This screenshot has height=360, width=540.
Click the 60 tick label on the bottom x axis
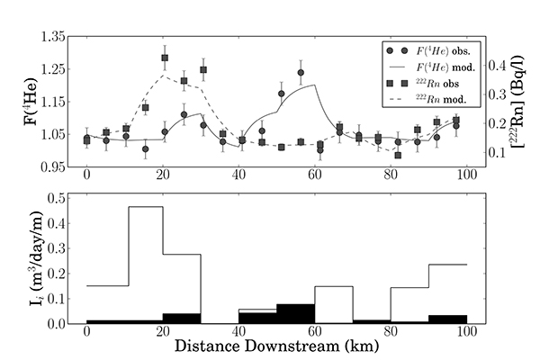[315, 331]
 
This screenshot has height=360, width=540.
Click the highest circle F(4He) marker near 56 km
[301, 72]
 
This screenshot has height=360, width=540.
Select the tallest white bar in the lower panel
[145, 261]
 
